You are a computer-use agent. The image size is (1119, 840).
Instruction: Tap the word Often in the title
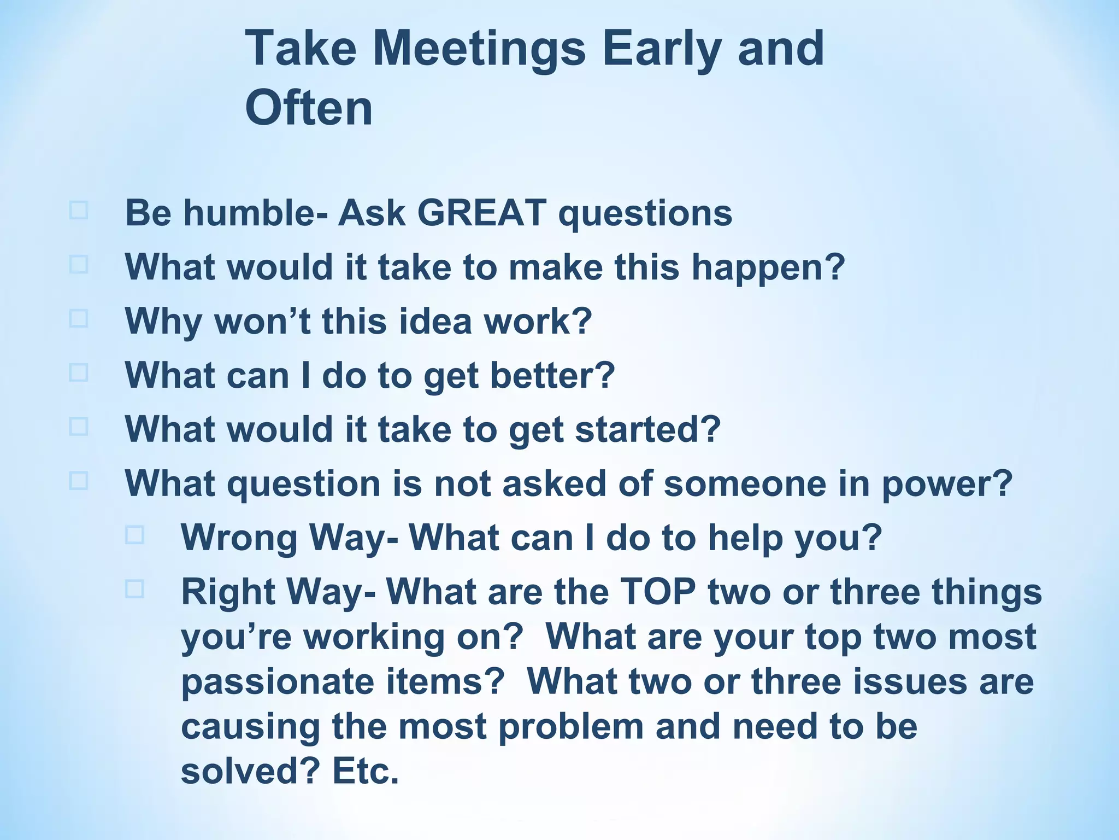pyautogui.click(x=309, y=108)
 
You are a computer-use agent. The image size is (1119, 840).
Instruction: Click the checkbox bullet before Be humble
pyautogui.click(x=79, y=211)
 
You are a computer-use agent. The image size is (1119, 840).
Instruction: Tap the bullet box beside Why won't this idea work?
pyautogui.click(x=79, y=318)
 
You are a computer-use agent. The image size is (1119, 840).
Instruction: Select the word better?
pyautogui.click(x=552, y=375)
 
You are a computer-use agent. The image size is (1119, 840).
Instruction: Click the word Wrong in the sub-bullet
pyautogui.click(x=239, y=538)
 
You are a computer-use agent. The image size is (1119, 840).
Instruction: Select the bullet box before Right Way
pyautogui.click(x=134, y=589)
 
